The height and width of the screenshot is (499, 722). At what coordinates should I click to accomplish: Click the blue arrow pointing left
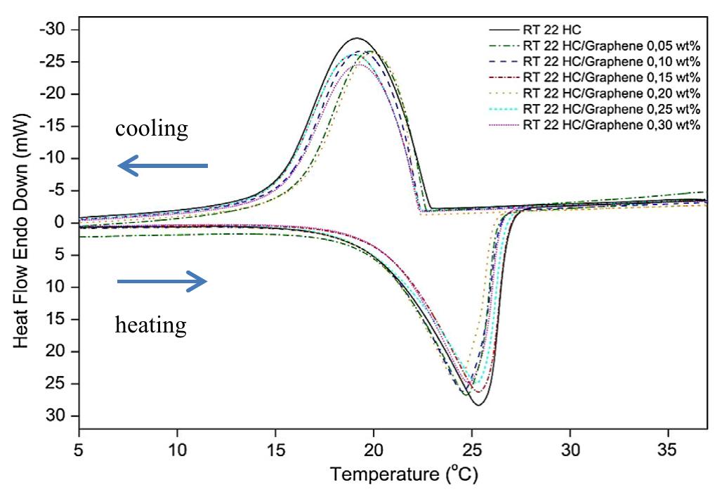click(x=162, y=166)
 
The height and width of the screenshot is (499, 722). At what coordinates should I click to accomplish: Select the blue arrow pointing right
click(x=162, y=282)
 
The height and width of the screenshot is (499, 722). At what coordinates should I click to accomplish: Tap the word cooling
click(x=152, y=129)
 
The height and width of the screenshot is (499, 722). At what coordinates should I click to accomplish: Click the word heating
click(x=151, y=325)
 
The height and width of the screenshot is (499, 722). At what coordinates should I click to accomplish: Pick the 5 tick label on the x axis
click(x=79, y=448)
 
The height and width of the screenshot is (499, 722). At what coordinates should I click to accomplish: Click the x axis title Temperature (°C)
click(x=405, y=476)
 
